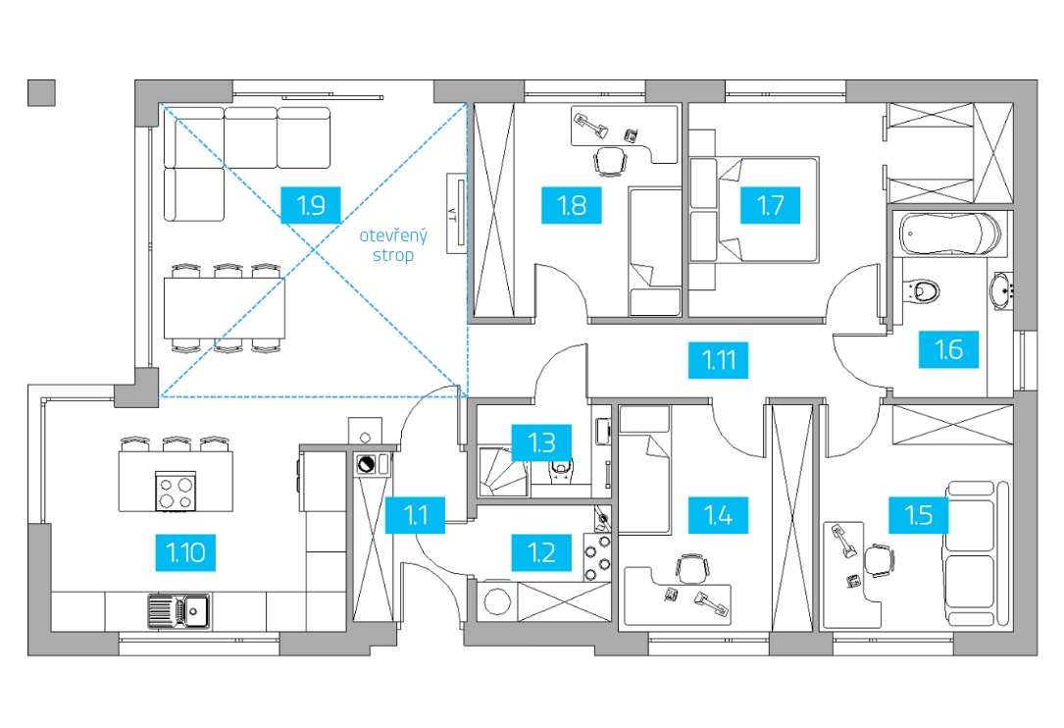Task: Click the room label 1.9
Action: pos(311,205)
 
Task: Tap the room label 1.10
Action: pos(185,552)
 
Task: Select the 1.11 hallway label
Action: pos(719,360)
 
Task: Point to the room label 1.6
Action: pos(948,349)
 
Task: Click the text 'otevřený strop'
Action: pos(393,245)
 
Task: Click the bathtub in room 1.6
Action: pos(950,234)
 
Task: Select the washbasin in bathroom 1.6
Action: pos(1001,290)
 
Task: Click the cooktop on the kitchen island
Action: pos(176,492)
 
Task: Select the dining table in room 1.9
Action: pos(224,308)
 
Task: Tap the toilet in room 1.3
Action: pos(561,469)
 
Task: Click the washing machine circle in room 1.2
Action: pos(497,601)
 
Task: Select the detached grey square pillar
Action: pos(41,93)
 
